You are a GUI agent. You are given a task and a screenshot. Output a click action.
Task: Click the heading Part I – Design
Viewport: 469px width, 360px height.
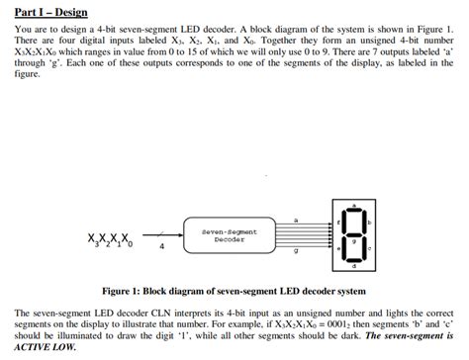pos(51,13)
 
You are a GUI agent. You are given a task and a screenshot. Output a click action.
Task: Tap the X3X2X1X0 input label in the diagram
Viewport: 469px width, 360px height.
pos(108,240)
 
